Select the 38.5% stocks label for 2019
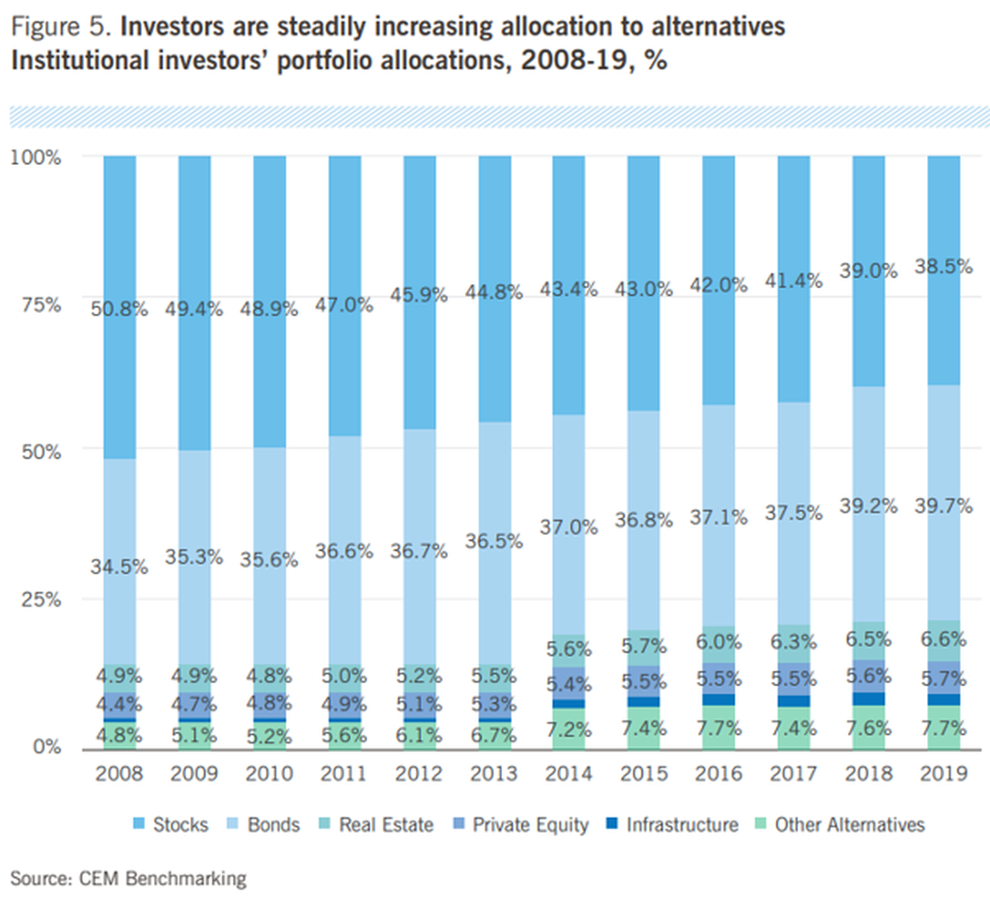[943, 266]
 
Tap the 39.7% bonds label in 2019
[943, 506]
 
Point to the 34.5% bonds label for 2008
[119, 566]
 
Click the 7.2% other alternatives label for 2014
[568, 729]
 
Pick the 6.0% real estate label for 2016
[719, 642]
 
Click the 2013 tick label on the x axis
[494, 773]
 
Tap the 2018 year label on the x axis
[868, 773]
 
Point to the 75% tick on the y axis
[39, 304]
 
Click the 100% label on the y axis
[35, 157]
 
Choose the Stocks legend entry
[170, 824]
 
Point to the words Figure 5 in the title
[59, 26]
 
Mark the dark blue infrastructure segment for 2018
[868, 698]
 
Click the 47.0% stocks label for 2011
[344, 304]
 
